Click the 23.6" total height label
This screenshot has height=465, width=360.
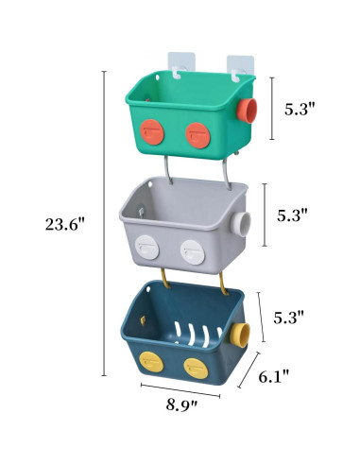(x=63, y=224)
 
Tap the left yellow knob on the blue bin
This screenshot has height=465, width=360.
(x=150, y=359)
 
